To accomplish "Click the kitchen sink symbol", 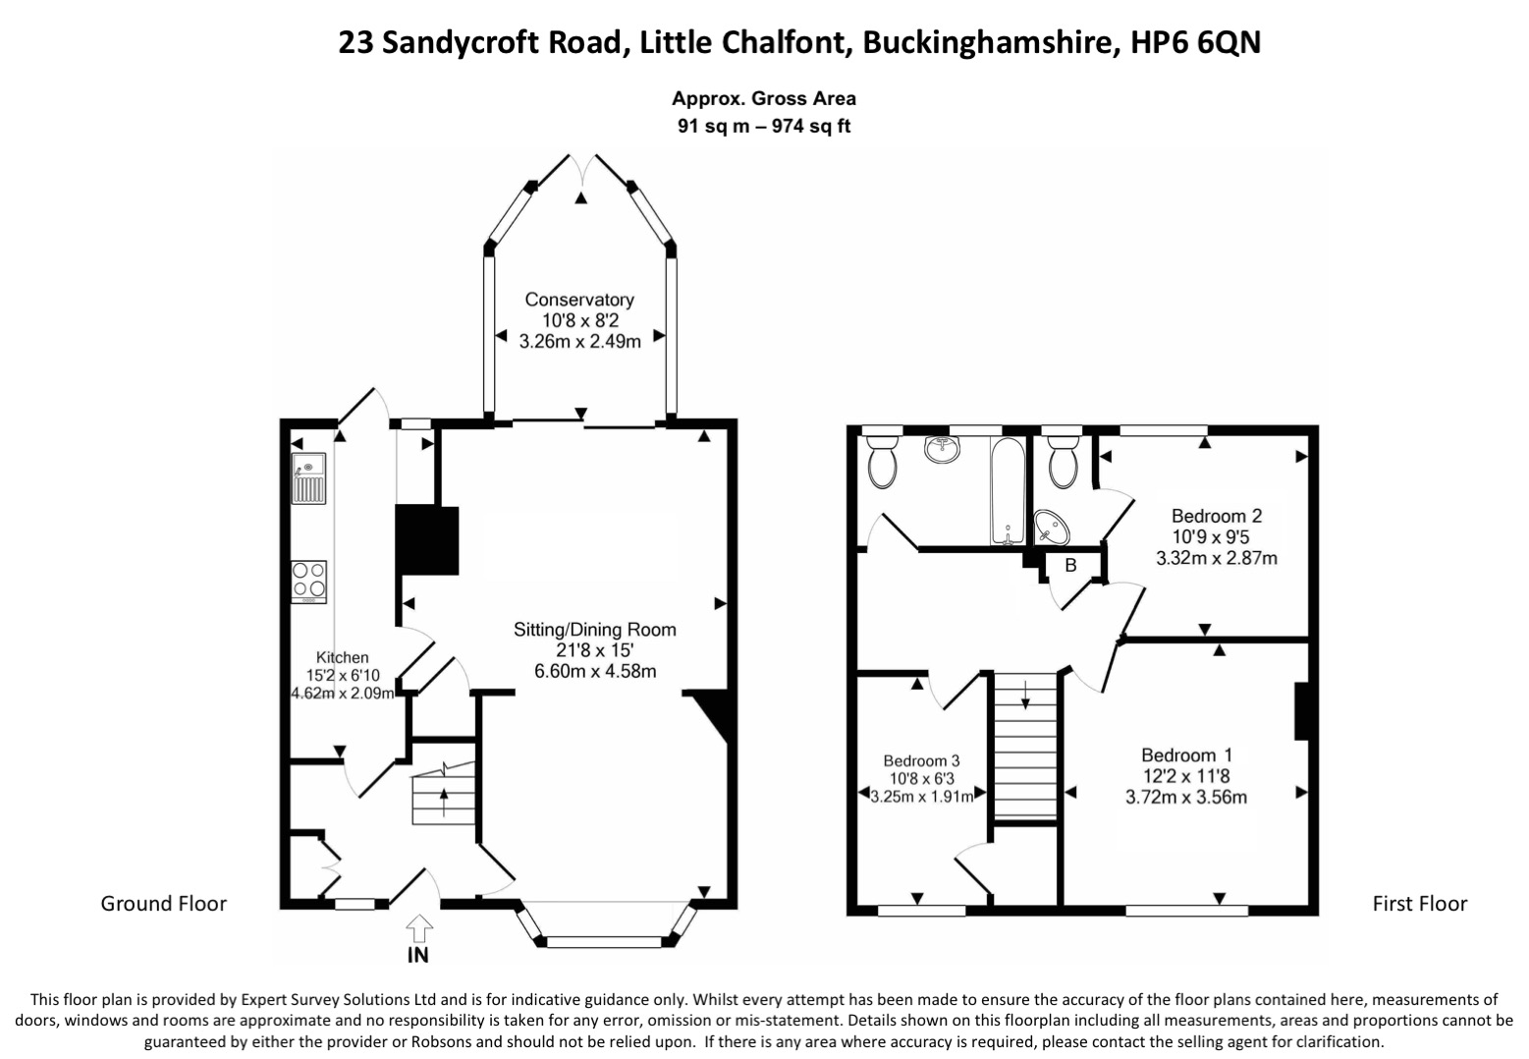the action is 308,478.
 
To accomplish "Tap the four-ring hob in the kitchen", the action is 308,582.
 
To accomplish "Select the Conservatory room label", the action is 579,299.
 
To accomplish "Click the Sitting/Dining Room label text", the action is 595,629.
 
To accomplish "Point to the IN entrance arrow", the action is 418,929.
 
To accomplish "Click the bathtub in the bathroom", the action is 1008,490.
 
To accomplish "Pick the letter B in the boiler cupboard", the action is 1071,565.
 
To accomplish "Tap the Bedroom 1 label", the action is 1187,754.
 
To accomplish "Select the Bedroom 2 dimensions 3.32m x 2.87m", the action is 1217,558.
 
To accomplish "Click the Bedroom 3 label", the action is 921,760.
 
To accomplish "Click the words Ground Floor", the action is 164,904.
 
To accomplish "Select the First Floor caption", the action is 1420,904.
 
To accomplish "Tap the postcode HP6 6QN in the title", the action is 1196,42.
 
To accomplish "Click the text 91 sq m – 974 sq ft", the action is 764,127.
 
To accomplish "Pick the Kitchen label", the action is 342,657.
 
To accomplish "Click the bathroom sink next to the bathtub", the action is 943,449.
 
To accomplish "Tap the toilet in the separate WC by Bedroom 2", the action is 1063,463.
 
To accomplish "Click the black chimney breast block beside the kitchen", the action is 427,540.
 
